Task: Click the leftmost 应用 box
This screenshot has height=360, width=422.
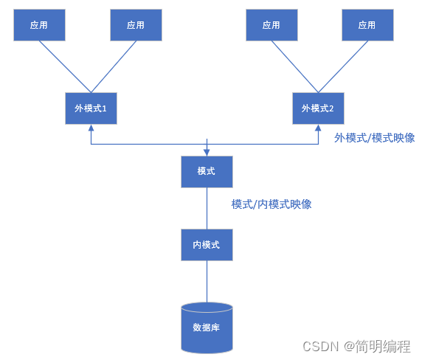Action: (39, 25)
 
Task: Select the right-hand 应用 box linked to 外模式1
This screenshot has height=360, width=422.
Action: (136, 25)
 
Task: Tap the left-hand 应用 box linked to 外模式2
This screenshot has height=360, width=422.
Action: (271, 25)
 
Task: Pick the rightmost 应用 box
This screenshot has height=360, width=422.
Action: (367, 25)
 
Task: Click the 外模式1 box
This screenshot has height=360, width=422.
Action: (91, 108)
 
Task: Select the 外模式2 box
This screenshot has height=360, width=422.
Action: (318, 108)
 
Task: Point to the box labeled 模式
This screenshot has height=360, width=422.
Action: (207, 171)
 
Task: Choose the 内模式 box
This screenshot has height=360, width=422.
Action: (207, 244)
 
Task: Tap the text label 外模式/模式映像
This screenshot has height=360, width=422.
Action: (374, 138)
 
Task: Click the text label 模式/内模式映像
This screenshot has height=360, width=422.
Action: (271, 204)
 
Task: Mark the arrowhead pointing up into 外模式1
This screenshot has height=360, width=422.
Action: (91, 127)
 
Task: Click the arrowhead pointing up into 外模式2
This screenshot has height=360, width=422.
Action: (318, 127)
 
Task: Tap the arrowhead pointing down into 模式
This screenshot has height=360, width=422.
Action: (207, 152)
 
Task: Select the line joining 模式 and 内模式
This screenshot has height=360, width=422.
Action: (207, 208)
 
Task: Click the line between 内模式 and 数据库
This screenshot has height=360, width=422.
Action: (207, 281)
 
